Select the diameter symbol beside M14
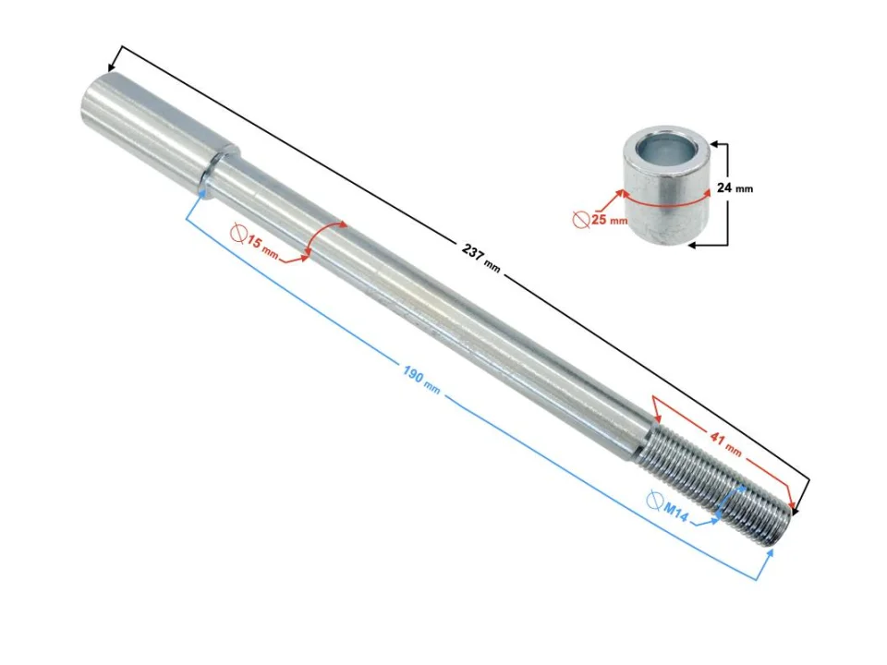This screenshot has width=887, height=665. tap(653, 501)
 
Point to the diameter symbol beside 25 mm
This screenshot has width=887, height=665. tap(581, 220)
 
